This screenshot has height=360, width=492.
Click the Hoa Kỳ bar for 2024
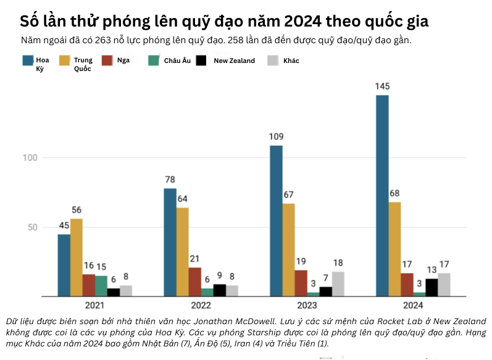382,196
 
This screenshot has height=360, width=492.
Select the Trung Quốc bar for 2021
77,257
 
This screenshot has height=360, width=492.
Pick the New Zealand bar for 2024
432,287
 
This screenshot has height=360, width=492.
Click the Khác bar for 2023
338,284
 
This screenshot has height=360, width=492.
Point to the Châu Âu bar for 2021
101,286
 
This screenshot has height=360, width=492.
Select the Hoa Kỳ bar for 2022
170,242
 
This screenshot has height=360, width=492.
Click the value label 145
382,86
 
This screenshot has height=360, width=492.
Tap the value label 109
276,136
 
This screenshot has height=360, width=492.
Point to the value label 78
170,180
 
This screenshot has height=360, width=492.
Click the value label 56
77,210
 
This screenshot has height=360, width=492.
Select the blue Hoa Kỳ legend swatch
28,61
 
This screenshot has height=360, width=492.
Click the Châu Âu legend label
177,61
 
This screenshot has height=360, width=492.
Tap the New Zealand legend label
234,61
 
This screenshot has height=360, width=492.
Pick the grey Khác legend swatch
272,61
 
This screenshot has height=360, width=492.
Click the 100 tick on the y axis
31,158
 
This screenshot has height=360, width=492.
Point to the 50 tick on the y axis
33,227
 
